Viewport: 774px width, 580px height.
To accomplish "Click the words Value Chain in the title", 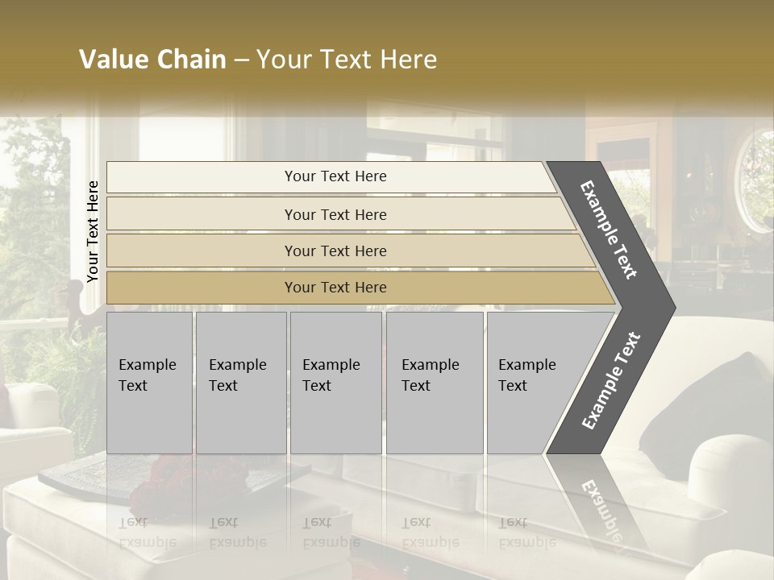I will pos(152,60).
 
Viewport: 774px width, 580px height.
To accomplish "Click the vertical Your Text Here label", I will pos(93,232).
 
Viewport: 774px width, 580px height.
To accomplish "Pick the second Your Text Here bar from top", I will pos(335,214).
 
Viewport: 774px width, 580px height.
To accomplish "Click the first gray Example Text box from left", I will pos(149,383).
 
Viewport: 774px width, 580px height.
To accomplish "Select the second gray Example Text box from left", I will pos(241,383).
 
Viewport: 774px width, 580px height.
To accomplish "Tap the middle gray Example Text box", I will pos(335,383).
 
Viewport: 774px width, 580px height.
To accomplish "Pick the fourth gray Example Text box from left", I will pos(435,383).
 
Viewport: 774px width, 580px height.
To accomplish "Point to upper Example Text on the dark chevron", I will pos(610,230).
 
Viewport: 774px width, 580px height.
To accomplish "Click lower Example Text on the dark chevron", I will pos(611,380).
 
